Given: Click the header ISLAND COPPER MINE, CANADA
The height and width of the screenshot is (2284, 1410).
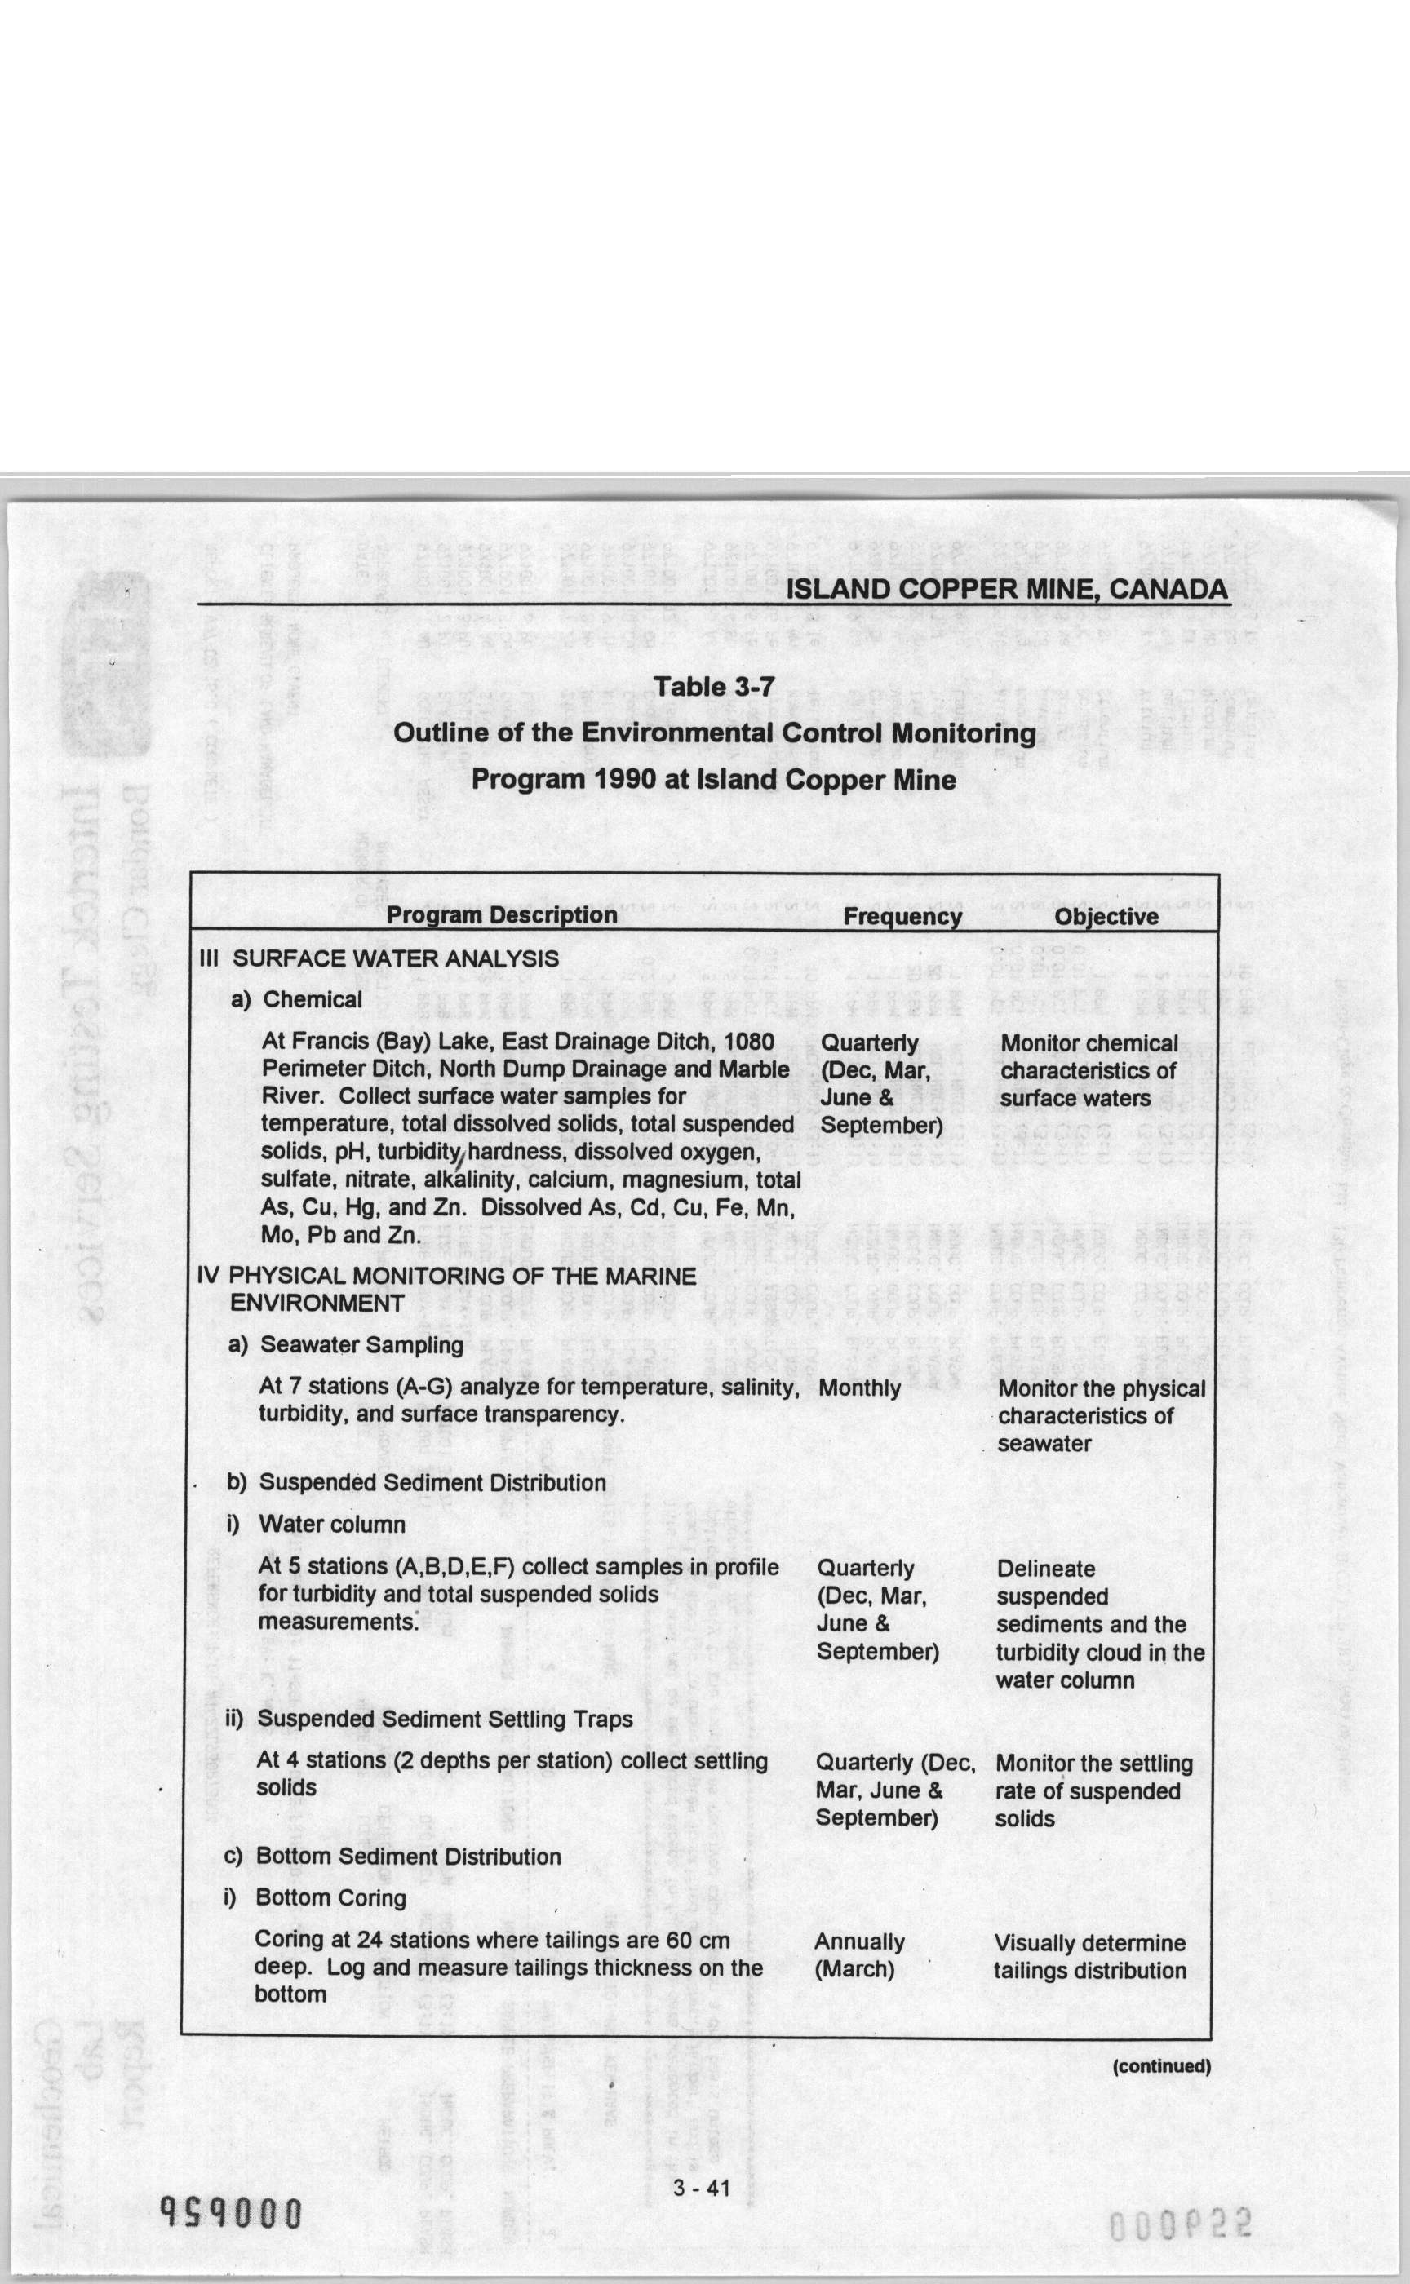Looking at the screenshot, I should click(1006, 589).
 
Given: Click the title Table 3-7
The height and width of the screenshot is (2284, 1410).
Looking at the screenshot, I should click(713, 686).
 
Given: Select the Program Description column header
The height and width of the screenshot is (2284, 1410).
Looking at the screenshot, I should click(502, 914).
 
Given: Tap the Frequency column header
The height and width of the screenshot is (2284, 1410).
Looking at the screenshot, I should click(902, 916).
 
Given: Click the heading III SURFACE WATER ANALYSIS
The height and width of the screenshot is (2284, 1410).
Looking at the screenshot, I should click(379, 958).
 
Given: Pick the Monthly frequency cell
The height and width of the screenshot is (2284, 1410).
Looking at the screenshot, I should click(859, 1388).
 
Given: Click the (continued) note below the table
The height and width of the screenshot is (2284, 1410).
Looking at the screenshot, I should click(1161, 2066).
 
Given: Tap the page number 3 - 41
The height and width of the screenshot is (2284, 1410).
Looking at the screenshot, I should click(701, 2188).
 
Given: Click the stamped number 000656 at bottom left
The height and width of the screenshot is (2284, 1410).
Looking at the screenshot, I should click(231, 2212).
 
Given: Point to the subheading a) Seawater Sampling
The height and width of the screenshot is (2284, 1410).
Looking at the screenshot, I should click(345, 1344).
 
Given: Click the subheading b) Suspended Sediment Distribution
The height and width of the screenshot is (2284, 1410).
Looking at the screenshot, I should click(416, 1482).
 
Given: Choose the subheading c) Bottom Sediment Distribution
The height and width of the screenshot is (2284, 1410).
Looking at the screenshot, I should click(392, 1856).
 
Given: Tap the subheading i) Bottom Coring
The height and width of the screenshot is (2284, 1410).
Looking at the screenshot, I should click(315, 1898).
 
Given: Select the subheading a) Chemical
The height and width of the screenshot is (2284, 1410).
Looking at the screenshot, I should click(296, 999).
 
